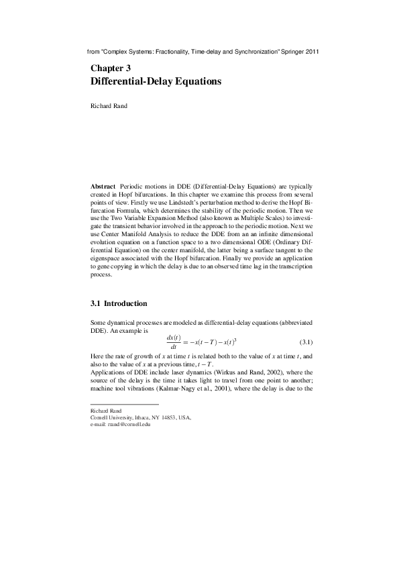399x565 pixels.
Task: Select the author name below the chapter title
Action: click(x=108, y=105)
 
